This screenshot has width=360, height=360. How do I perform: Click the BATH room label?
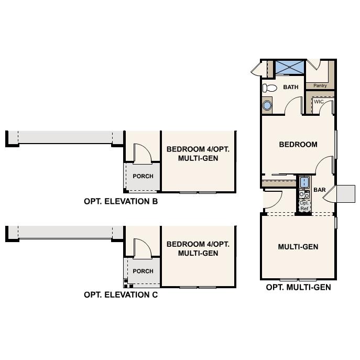[x=291, y=87]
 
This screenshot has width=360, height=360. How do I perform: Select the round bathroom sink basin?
[x=267, y=106]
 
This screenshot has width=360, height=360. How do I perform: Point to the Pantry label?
[x=320, y=85]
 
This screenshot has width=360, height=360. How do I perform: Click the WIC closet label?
[x=318, y=102]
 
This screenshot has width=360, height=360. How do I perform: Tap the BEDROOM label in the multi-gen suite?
[x=298, y=144]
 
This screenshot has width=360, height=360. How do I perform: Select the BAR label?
[x=320, y=190]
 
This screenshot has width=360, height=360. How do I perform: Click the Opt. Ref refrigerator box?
[x=304, y=205]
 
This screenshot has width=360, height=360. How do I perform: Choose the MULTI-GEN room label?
[x=298, y=246]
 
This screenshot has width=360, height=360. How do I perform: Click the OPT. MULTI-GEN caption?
[x=298, y=287]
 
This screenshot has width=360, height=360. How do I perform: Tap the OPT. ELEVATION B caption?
[x=121, y=201]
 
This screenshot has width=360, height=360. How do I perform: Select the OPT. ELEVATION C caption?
[x=121, y=294]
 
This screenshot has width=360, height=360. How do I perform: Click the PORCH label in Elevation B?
[x=143, y=176]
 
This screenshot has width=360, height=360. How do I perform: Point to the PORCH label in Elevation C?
[x=143, y=271]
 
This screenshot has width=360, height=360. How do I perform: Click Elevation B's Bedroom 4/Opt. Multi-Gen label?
[x=198, y=154]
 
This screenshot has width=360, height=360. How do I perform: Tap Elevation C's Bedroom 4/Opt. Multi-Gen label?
[x=198, y=248]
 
